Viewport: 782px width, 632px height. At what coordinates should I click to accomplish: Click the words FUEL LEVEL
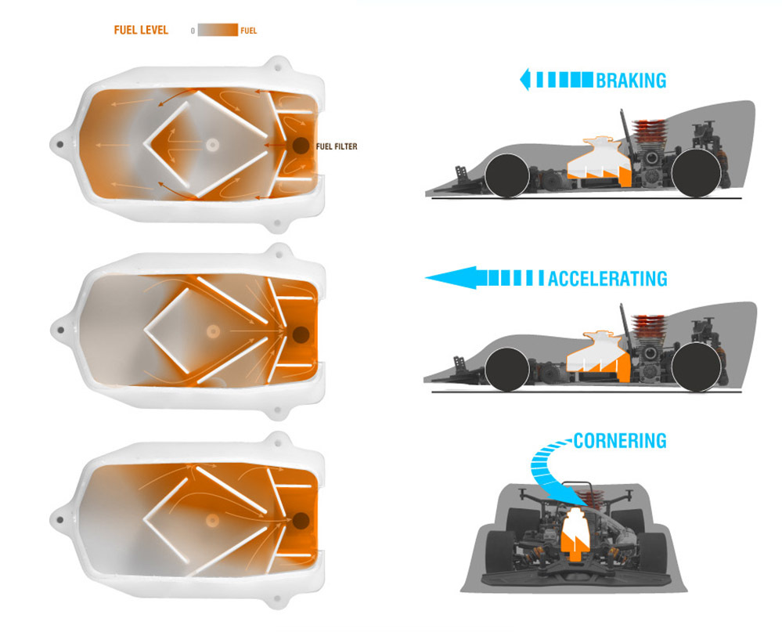[141, 30]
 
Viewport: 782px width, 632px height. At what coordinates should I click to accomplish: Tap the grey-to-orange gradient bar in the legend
[218, 30]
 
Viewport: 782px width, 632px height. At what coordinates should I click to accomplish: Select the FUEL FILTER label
[337, 146]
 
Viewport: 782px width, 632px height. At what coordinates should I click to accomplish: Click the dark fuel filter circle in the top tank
[301, 146]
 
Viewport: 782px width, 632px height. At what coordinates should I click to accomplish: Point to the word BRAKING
[631, 81]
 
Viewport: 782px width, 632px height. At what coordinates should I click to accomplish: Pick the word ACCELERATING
[607, 278]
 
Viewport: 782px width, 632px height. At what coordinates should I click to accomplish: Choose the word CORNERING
[620, 441]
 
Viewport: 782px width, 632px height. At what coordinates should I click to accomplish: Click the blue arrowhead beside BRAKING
[524, 80]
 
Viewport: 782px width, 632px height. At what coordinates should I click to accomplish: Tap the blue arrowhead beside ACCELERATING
[452, 277]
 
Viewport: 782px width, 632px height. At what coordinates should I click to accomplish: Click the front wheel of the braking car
[507, 175]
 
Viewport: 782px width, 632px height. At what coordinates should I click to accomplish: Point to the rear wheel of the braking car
[696, 172]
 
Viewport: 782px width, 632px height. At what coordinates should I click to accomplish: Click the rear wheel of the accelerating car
[696, 367]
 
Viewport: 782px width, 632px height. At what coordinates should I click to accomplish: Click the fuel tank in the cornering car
[575, 530]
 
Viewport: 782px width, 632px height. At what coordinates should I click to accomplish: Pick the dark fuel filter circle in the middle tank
[301, 334]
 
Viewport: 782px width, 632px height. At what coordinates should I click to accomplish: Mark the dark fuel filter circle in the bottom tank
[301, 522]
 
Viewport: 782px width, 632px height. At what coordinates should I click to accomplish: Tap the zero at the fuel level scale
[193, 31]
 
